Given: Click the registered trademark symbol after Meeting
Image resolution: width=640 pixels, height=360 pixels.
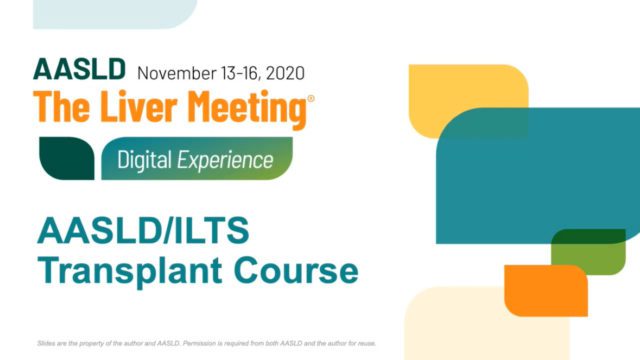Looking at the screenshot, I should click(311, 99).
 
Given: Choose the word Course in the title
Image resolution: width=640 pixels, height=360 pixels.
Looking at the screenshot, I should click(299, 270).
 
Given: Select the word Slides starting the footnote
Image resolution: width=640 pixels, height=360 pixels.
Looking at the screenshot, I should click(44, 342).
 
